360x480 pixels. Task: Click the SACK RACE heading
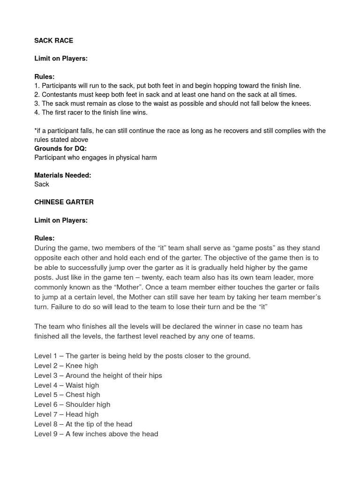(53, 41)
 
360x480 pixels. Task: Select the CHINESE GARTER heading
(64, 202)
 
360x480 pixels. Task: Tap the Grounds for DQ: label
(60, 149)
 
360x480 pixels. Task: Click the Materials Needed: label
(62, 175)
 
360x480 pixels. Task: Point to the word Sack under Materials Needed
(42, 184)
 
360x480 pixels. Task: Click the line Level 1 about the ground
(142, 356)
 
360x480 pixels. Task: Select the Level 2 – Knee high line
(66, 366)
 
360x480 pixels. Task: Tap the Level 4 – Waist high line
(67, 385)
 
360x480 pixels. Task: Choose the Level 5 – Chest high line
(67, 395)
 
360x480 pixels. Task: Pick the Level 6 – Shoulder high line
(72, 405)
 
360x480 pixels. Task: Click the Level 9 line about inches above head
(96, 434)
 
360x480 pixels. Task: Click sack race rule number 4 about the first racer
(91, 112)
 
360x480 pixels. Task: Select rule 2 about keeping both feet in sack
(165, 95)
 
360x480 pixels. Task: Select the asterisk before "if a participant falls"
(36, 130)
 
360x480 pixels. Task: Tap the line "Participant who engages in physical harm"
(96, 157)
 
